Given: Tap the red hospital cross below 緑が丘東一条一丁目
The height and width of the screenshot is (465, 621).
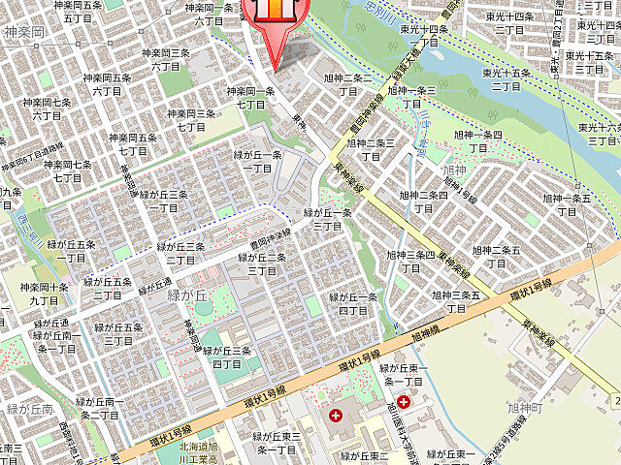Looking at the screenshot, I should (403, 401).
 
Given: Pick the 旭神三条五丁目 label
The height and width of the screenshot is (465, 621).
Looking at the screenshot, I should (456, 301).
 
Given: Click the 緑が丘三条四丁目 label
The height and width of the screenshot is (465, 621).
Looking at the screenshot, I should (226, 356).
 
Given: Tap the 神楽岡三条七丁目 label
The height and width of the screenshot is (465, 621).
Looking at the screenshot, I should (190, 120).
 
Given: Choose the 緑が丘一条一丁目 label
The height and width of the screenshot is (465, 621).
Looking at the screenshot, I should (258, 161).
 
